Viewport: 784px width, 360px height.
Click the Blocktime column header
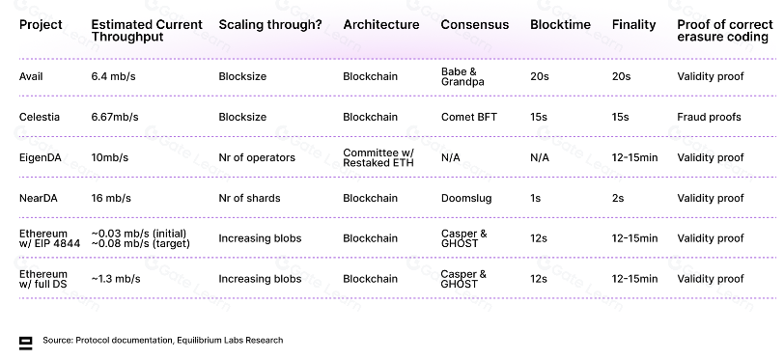point(560,24)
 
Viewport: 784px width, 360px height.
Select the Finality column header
point(633,25)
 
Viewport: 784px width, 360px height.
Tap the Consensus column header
point(474,24)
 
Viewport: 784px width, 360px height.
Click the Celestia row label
point(39,117)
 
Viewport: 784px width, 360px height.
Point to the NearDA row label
point(38,198)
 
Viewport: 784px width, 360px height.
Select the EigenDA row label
point(40,158)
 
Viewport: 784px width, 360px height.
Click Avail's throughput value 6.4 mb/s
point(113,76)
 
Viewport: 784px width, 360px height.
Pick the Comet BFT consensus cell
point(469,117)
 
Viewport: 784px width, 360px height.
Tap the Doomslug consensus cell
point(466,199)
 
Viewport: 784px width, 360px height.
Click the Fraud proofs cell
point(709,117)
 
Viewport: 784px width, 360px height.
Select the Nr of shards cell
point(249,198)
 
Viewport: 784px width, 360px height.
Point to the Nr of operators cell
point(257,158)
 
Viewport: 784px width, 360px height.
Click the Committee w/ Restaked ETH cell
point(378,158)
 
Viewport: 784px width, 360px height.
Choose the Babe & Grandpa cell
point(462,76)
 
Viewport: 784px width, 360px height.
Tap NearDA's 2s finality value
point(618,198)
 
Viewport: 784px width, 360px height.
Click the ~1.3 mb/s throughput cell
point(116,279)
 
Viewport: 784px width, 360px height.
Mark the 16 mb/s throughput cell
point(111,198)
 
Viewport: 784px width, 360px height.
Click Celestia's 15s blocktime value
point(539,117)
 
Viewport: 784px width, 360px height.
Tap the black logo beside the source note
point(25,343)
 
